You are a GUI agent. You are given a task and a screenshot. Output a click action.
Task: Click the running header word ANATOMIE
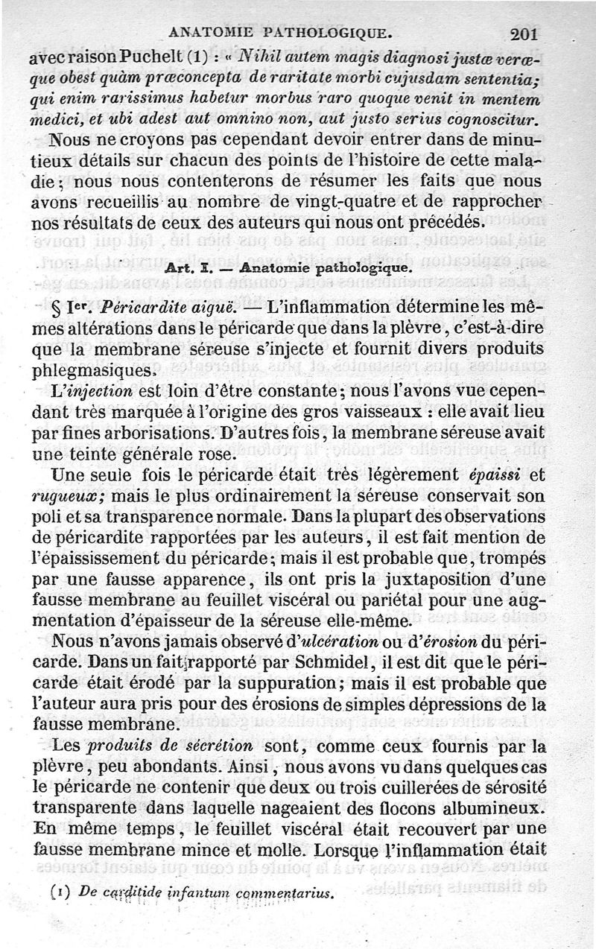[x=212, y=32]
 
